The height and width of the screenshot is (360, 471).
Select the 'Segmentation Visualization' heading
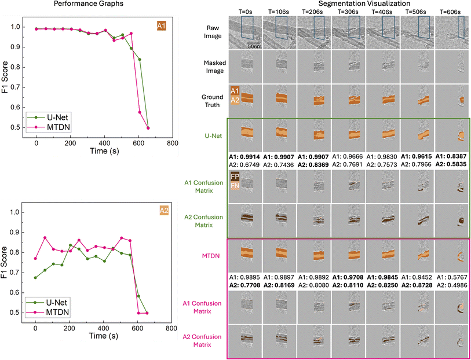348,4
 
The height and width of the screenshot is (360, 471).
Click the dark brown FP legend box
234,176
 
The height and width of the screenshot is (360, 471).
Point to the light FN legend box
234,186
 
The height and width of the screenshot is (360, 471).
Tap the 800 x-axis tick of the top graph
171,142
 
